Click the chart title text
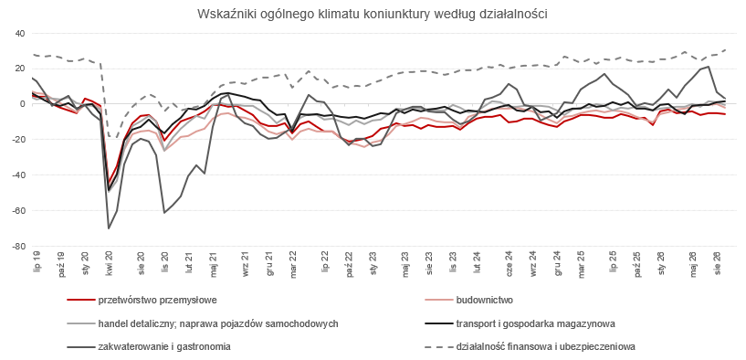[x=373, y=14]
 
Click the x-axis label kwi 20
[x=109, y=262]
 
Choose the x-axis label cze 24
[x=509, y=263]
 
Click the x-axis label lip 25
[x=614, y=261]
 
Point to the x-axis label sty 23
[x=374, y=262]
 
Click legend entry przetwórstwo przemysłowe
[x=158, y=301]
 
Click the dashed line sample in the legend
[x=437, y=346]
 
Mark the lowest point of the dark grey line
[x=109, y=228]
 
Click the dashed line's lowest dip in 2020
[x=112, y=138]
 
